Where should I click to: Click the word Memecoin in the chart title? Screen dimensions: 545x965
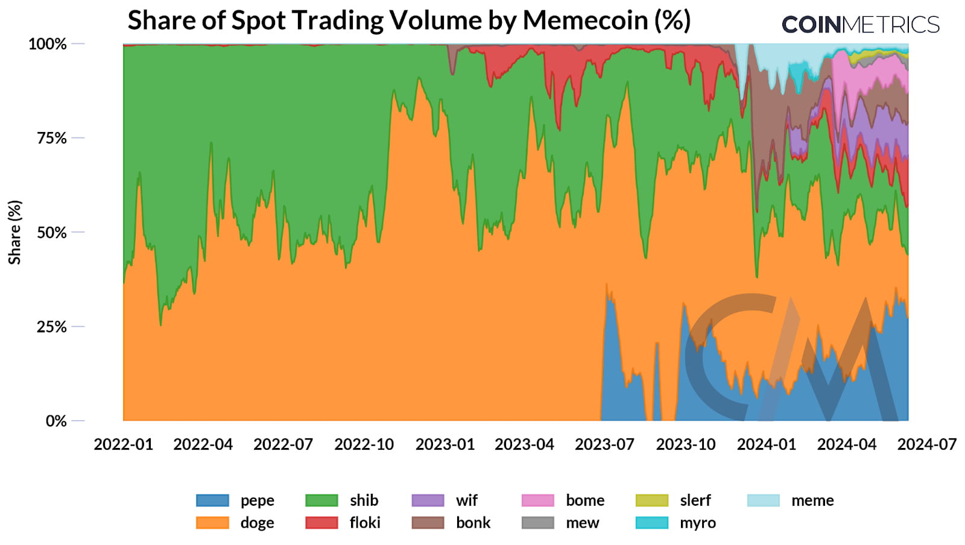[x=585, y=20]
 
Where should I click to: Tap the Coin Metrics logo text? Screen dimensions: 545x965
[x=861, y=25]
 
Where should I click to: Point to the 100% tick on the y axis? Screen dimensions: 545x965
[x=48, y=44]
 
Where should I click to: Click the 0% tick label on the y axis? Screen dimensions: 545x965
[x=56, y=421]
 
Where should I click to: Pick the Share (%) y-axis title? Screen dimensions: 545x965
[x=14, y=232]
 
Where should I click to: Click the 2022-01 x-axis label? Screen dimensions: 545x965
[x=124, y=445]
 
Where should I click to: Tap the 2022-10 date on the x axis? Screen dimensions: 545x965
[x=364, y=445]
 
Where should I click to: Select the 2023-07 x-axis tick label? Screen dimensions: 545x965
[x=605, y=445]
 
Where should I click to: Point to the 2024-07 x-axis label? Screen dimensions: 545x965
[x=927, y=445]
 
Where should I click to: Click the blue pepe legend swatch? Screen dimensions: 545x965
[x=212, y=500]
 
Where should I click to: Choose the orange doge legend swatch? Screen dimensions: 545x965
[x=212, y=523]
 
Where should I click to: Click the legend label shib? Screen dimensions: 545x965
[x=364, y=500]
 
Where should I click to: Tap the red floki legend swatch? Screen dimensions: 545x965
[x=321, y=523]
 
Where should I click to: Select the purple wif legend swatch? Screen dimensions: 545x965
[x=428, y=500]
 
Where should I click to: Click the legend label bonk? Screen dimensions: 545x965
[x=473, y=523]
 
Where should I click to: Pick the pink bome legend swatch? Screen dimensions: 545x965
[x=537, y=500]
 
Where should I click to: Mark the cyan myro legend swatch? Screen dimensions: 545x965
[x=652, y=523]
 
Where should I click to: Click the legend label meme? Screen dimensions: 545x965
[x=812, y=500]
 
